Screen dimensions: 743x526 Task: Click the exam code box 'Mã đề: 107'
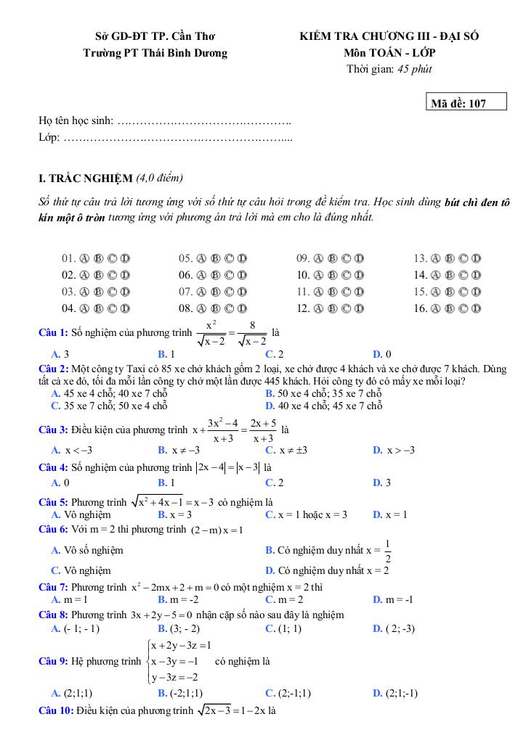467,103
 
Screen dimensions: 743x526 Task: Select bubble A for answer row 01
84,258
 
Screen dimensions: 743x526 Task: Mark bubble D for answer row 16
477,308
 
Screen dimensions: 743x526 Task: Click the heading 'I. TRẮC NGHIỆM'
86,178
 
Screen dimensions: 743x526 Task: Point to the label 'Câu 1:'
53,332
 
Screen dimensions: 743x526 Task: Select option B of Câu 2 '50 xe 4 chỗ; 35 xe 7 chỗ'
323,393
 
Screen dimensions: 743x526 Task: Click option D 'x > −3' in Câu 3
393,450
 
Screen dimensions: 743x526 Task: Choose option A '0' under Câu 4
60,482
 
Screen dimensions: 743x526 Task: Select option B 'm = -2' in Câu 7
178,599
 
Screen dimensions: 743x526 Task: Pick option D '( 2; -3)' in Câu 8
393,628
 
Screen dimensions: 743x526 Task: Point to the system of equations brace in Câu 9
148,661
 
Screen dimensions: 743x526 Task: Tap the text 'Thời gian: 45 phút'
389,70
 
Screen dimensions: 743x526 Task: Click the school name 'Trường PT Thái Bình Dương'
155,53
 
